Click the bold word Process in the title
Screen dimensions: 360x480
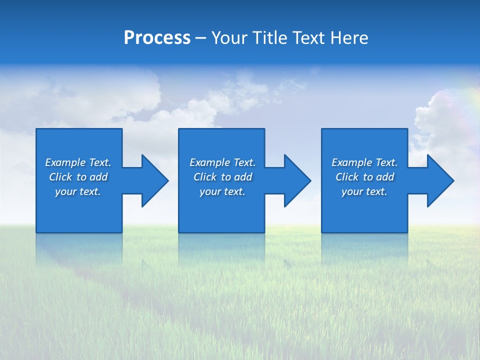[157, 38]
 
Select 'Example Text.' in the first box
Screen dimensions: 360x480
[78, 162]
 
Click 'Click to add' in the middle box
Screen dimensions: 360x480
[222, 177]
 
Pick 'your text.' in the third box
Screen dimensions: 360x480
[364, 191]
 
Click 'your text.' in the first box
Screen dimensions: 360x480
[78, 191]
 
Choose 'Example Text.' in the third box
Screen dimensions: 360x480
[364, 162]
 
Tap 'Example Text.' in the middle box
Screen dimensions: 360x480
[222, 162]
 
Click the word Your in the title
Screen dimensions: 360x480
[230, 38]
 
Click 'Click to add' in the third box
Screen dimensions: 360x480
[364, 177]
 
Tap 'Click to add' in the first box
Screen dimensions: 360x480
[78, 177]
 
